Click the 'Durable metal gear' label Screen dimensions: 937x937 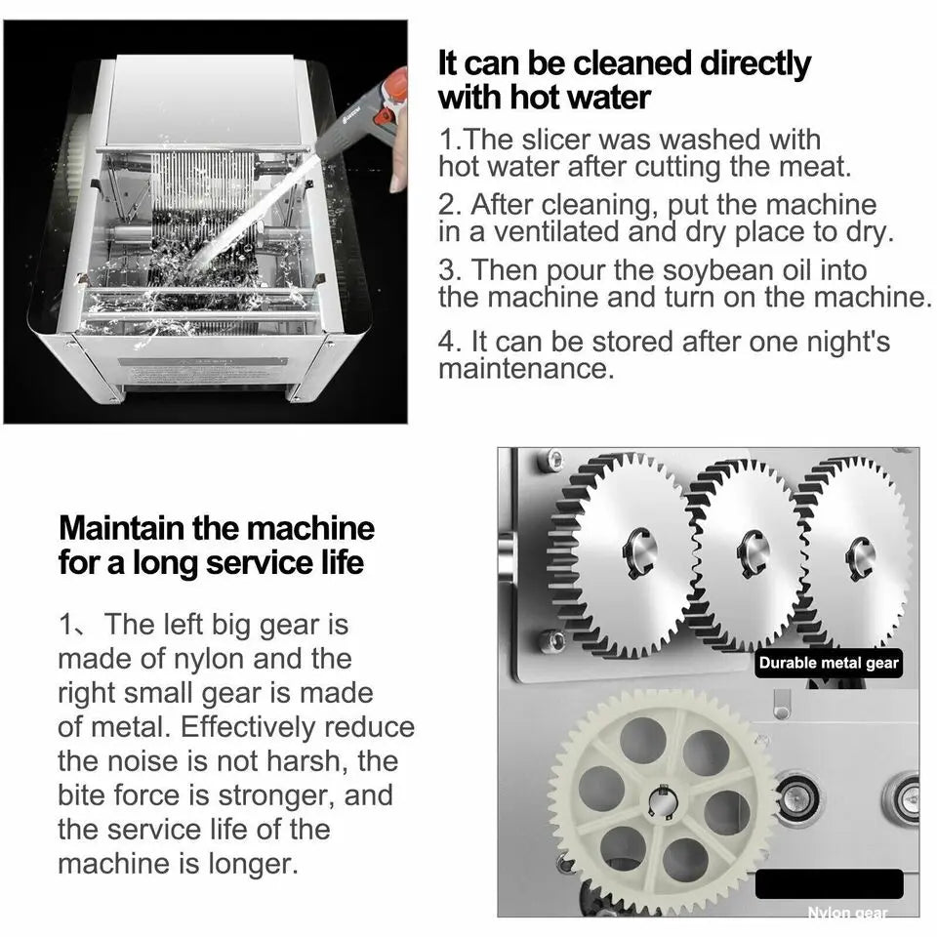coord(828,664)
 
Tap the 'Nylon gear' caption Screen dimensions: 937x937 coord(847,913)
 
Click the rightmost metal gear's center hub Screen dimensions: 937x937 coord(860,557)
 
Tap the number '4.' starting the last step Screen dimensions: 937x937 coord(450,342)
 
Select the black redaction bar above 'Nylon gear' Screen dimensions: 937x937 coord(829,883)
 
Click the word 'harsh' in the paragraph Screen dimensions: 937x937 coord(304,760)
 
